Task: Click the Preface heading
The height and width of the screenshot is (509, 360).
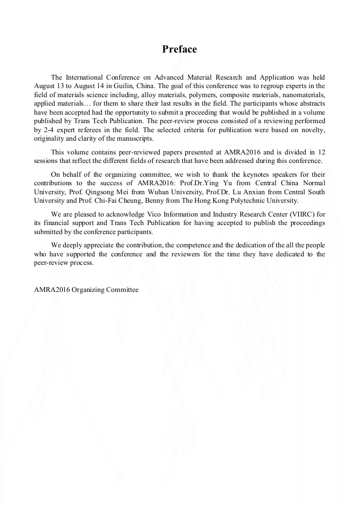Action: [x=179, y=49]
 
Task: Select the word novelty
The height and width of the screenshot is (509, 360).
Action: [x=313, y=131]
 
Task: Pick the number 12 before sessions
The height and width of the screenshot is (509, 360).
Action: [x=320, y=152]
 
